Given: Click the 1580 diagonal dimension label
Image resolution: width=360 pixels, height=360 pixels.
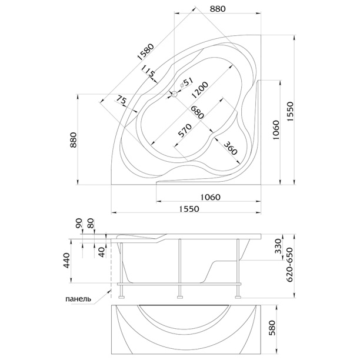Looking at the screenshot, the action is [x=145, y=52].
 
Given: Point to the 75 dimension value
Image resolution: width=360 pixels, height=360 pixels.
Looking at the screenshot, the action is [x=121, y=101].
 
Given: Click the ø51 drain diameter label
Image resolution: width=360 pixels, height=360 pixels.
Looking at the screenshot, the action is [x=186, y=82].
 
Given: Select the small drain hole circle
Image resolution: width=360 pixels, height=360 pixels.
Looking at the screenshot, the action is [x=175, y=94].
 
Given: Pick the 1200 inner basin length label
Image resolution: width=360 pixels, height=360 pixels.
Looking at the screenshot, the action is [x=200, y=90].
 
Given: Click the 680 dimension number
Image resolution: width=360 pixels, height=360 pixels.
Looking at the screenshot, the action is [x=197, y=112].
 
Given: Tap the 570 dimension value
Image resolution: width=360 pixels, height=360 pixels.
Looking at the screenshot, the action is [x=185, y=131].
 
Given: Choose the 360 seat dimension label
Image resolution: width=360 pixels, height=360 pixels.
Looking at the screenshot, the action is [x=230, y=148].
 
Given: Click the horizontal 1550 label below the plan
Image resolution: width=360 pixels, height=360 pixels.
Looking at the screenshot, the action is [x=189, y=209].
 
